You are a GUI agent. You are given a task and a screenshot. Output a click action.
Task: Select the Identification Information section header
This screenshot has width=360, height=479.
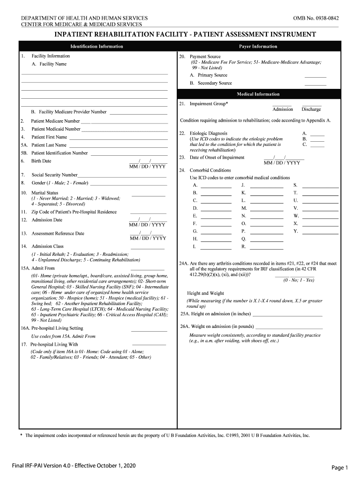click(97, 46)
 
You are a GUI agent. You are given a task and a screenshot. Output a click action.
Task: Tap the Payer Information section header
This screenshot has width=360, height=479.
click(258, 46)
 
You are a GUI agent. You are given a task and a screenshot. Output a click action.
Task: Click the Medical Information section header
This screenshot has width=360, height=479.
click(258, 94)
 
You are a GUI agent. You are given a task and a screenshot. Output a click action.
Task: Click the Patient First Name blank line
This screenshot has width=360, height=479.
click(118, 139)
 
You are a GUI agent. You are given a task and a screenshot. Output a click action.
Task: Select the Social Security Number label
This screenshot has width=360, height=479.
click(54, 174)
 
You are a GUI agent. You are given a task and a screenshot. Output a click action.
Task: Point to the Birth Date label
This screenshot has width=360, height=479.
click(41, 161)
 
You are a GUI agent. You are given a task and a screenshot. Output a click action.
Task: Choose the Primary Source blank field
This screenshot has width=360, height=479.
click(315, 76)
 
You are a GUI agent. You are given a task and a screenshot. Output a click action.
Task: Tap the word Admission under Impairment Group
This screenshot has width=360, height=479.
click(282, 109)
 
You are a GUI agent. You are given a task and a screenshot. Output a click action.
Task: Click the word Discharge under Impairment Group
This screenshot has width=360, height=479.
click(311, 109)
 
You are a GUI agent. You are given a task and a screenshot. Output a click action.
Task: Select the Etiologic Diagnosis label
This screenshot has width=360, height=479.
click(209, 133)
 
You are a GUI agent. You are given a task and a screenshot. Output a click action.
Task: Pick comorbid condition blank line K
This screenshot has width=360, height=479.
click(267, 194)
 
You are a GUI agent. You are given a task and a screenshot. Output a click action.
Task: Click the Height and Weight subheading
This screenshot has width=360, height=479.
click(205, 293)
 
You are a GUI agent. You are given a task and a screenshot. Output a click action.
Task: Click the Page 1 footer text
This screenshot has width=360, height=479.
click(340, 467)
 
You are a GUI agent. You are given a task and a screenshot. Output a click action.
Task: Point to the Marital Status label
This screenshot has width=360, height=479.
click(45, 193)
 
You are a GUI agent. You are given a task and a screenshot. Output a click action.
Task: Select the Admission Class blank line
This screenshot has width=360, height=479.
click(148, 247)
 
